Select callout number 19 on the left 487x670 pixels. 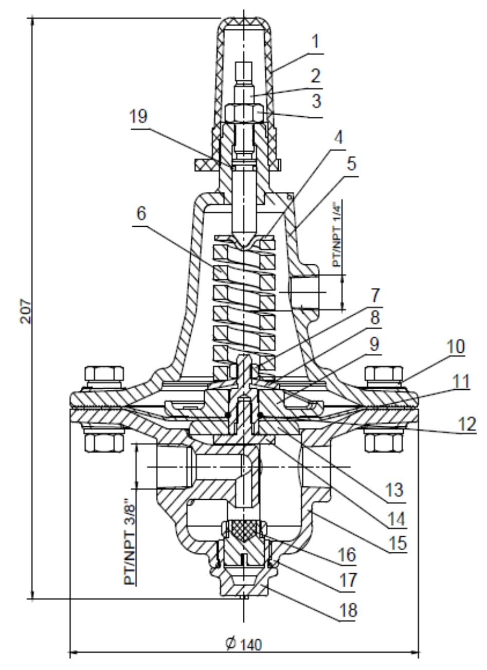point(138,117)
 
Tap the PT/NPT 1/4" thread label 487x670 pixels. point(337,234)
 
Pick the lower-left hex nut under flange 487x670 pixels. point(104,442)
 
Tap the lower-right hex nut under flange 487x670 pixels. point(383,442)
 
